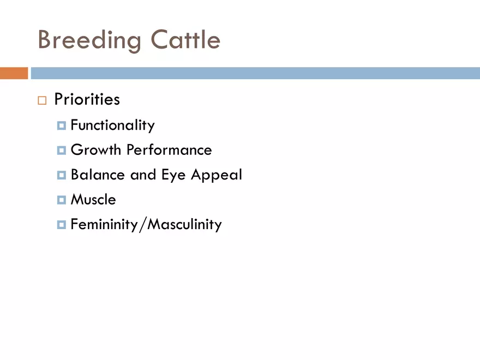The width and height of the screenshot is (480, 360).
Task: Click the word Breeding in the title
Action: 89,41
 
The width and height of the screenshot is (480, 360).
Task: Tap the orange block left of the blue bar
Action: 14,73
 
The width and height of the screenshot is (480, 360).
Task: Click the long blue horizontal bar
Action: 255,73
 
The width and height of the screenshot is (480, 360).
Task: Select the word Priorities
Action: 87,99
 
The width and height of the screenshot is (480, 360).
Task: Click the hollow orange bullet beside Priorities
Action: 42,100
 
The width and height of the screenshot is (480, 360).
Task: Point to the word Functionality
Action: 113,125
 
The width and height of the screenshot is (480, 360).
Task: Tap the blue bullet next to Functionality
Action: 62,125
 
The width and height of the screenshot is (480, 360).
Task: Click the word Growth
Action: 96,150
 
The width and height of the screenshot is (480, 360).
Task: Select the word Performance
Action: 169,150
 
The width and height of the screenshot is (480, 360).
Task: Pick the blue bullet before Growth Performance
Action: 62,151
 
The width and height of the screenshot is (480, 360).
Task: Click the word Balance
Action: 98,175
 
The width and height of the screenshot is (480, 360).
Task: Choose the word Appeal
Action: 217,175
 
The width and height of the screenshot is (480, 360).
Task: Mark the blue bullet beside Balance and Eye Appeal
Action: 62,175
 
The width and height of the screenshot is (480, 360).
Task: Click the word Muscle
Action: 93,199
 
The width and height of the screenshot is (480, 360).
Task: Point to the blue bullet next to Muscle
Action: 62,200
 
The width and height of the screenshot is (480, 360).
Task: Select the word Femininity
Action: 104,224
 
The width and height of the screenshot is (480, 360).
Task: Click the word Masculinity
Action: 184,224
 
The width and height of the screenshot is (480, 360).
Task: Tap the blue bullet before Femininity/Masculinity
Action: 62,225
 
